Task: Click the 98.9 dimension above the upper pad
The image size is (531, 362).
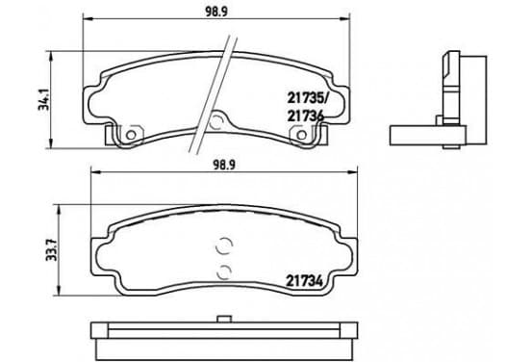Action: point(216,12)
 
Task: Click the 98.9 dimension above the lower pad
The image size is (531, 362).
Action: point(224,165)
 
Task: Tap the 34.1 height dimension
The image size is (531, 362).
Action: point(43,100)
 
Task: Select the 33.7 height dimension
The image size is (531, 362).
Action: point(52,250)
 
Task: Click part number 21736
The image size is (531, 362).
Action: point(306,116)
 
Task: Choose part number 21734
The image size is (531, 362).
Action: point(305,281)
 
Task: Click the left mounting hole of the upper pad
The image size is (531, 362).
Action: point(131,135)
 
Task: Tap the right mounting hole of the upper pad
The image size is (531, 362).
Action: point(301,135)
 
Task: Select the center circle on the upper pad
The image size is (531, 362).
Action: point(215,122)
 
